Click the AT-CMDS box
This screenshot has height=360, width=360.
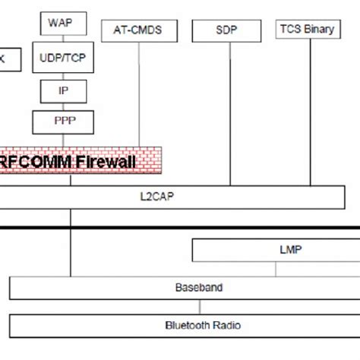[137, 31]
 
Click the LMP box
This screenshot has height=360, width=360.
[275, 250]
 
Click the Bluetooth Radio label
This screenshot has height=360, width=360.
[203, 325]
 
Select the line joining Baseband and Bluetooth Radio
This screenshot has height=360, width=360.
[199, 306]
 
